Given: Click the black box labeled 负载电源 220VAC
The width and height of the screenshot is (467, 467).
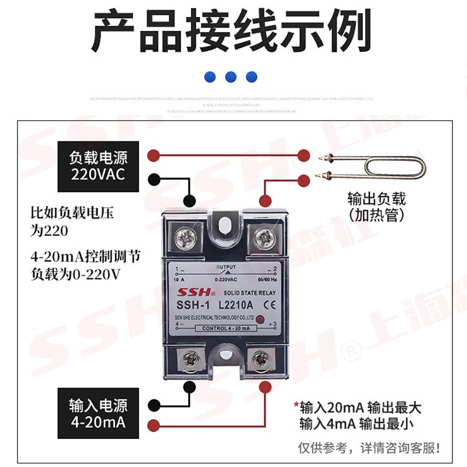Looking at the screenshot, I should coord(98,166).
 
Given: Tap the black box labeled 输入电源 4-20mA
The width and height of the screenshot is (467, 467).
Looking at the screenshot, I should coord(98,413).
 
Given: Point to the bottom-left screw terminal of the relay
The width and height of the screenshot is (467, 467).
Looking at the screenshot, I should coord(188,360).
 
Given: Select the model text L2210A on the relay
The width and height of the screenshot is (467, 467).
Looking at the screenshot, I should coord(235,304).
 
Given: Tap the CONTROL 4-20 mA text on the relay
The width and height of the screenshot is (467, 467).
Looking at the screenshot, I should coord(225,329).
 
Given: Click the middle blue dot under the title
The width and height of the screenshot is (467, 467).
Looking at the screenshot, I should coord(231,76).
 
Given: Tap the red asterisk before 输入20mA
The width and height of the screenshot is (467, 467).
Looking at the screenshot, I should coord(296,405).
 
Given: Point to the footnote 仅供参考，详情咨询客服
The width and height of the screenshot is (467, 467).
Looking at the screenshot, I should coord(369,448).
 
